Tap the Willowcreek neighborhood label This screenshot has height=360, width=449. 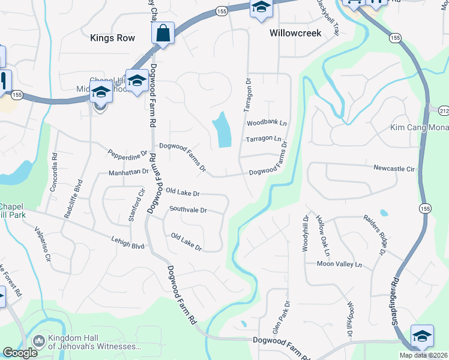[295, 34]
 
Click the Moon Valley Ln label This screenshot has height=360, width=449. [340, 264]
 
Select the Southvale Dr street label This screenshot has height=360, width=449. [188, 211]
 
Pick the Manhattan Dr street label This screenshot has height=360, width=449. [128, 172]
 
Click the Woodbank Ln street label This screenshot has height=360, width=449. [267, 123]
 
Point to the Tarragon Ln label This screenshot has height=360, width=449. [264, 139]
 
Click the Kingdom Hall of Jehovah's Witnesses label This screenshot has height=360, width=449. [90, 343]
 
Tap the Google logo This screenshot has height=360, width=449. [20, 353]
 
